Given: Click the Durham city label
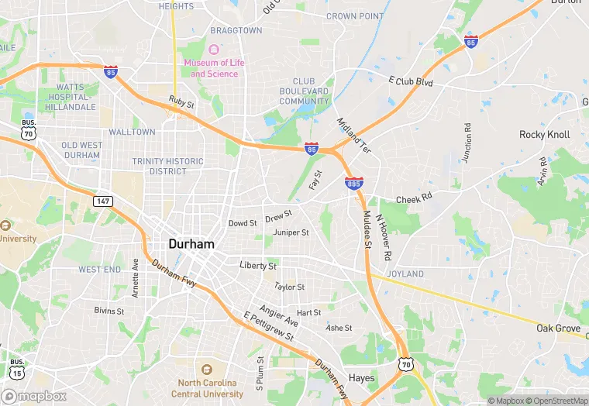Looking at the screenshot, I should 191,243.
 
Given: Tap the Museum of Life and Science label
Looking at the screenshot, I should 215,68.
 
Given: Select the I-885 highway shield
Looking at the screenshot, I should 353,184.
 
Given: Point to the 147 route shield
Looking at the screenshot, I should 102,201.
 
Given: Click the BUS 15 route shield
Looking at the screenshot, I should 17,368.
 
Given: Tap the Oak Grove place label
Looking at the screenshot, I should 558,329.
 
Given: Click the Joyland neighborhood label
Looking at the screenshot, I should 405,274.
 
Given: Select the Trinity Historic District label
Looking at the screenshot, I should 168,167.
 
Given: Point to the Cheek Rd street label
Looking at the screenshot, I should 413,199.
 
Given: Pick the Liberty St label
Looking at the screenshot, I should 258,266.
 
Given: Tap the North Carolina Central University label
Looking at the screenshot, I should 211,388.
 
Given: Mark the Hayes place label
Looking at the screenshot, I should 362,379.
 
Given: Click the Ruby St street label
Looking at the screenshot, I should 181,101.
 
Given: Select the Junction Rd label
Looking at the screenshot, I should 467,143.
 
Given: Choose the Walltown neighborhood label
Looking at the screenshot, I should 132,132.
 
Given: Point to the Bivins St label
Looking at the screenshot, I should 109,311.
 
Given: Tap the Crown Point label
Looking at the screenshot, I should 355,16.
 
